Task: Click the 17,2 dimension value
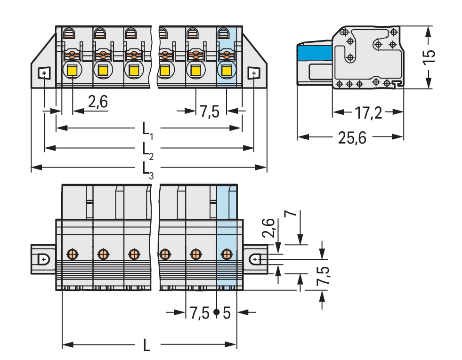368,112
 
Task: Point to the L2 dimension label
147,150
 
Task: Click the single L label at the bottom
147,346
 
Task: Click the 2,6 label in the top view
98,102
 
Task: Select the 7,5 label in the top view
209,112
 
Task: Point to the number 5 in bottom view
227,312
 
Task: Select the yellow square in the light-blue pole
227,71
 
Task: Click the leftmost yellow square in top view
73,71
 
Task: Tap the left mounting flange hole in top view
43,73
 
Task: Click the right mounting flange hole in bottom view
255,259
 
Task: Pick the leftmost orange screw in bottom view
72,255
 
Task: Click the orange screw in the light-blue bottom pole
227,255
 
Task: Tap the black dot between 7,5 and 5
216,312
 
